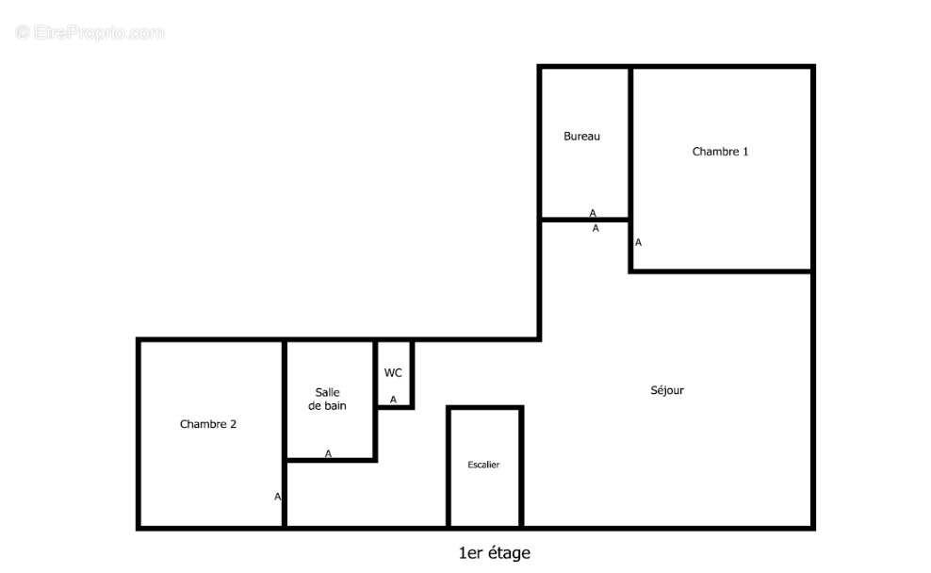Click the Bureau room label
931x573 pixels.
point(582,136)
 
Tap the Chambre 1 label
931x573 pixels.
point(720,152)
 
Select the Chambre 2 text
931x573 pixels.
point(208,424)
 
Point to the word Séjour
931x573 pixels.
point(667,390)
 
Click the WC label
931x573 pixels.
point(393,373)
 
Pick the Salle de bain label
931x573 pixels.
point(327,399)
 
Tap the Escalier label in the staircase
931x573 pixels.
point(483,465)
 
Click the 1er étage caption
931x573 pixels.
point(495,553)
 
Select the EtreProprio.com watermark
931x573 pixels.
point(90,32)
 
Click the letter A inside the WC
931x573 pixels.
point(393,400)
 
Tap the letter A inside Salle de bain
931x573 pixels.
point(328,453)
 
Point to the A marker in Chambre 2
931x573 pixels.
point(277,497)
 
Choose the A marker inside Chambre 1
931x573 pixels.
point(638,242)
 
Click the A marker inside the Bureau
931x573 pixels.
point(593,213)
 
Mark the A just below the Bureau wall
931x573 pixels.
point(596,228)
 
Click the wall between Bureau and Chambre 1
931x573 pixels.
point(630,142)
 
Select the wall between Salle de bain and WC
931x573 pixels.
point(376,400)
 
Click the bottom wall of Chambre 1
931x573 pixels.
point(722,271)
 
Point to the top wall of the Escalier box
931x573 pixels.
point(485,408)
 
